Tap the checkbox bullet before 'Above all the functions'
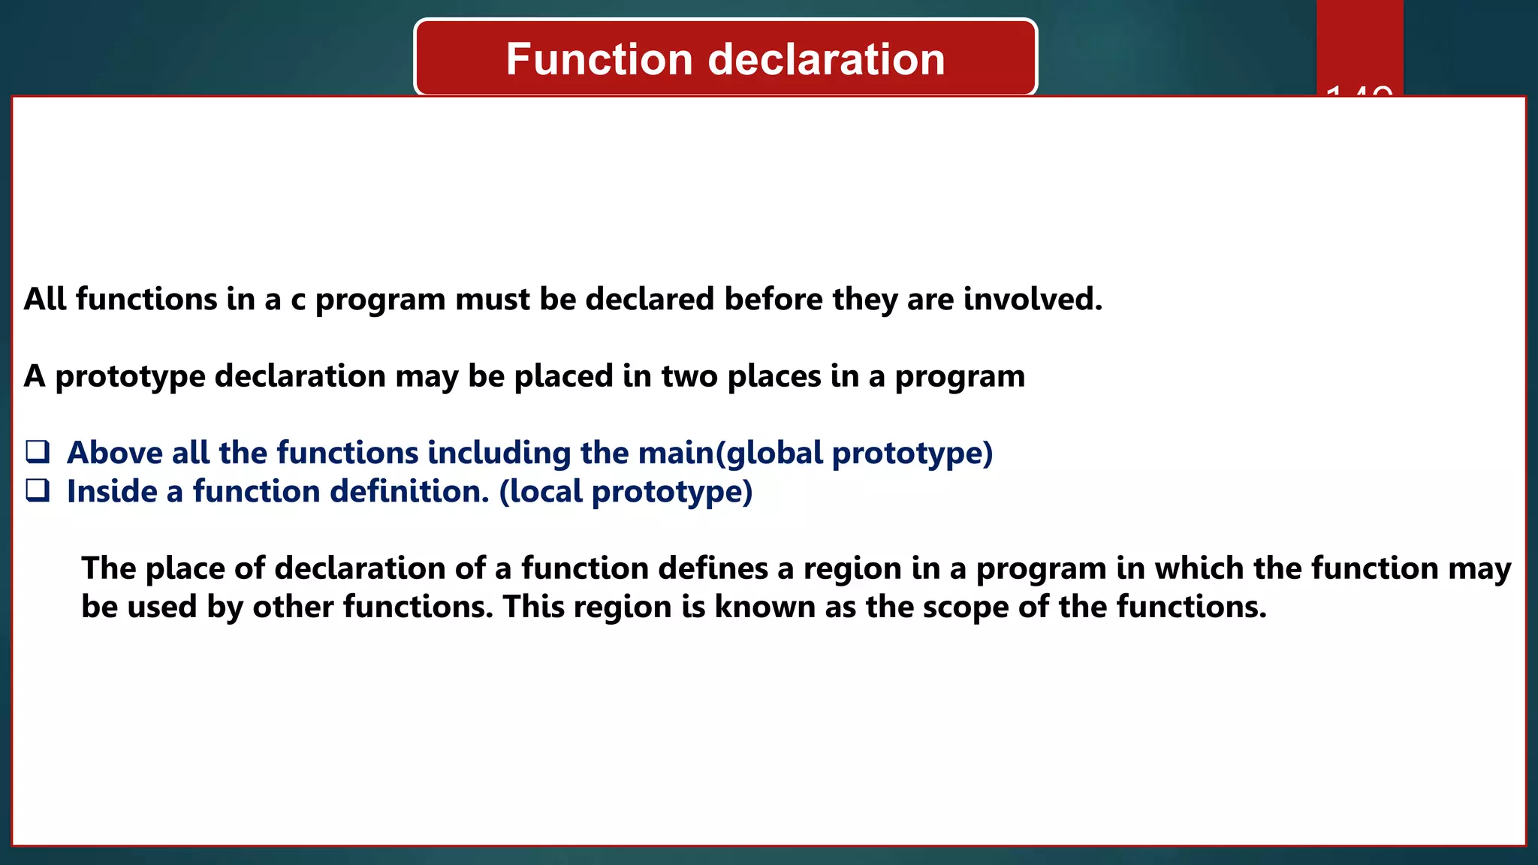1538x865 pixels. click(x=38, y=452)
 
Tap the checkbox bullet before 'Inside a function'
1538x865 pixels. click(x=38, y=490)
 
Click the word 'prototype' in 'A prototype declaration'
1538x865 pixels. click(x=130, y=377)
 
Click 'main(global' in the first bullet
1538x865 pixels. click(x=730, y=453)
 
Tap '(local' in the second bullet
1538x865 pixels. click(x=541, y=492)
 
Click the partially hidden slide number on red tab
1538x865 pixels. click(x=1359, y=91)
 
